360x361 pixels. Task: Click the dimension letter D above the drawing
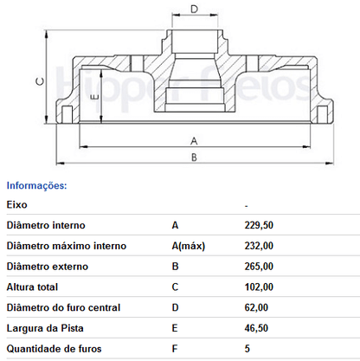195,10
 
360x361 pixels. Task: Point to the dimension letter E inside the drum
95,97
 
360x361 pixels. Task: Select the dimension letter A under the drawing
194,141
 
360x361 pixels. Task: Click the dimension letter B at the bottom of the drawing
194,158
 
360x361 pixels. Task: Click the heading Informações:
36,185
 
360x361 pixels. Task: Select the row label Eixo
16,205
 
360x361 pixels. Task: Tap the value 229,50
259,225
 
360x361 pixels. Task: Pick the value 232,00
259,246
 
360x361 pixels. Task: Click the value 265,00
259,267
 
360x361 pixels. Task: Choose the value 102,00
259,287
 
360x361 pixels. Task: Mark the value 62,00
256,307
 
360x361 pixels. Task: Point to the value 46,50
256,328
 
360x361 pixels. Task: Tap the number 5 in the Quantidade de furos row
247,349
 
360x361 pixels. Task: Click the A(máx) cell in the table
189,246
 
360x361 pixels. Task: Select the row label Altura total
32,287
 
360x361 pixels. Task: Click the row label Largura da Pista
45,328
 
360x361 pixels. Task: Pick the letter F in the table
175,349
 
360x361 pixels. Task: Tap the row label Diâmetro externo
48,267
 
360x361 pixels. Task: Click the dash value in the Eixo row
247,206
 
